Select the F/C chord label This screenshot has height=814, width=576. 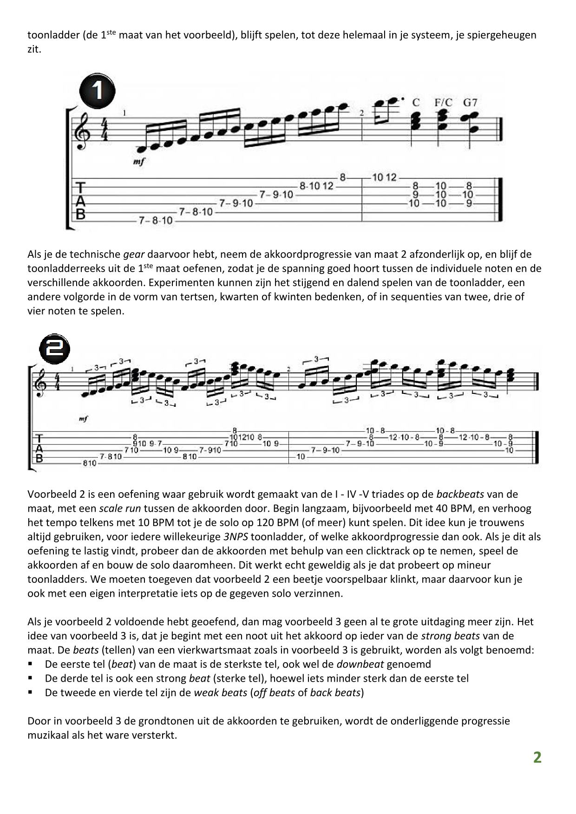[443, 103]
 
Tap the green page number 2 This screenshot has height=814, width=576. [537, 757]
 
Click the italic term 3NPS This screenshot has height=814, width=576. [236, 537]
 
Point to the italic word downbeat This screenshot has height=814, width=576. [360, 664]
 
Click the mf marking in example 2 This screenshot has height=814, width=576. [83, 418]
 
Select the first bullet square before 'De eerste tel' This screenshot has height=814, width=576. [31, 664]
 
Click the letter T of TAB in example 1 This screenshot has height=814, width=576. [80, 188]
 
